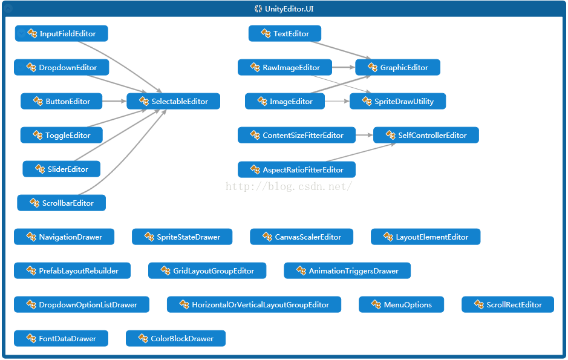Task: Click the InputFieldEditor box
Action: click(61, 34)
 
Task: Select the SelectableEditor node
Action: click(173, 102)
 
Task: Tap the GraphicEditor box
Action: click(397, 68)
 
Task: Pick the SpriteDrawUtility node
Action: click(397, 102)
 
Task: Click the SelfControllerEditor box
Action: click(426, 136)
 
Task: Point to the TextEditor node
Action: click(284, 34)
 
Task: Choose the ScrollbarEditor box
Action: click(61, 203)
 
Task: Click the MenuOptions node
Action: click(401, 305)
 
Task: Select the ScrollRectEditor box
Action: click(508, 305)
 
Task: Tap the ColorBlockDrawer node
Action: click(175, 339)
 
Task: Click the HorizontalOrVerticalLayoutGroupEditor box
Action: click(254, 305)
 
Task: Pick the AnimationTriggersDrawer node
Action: click(347, 271)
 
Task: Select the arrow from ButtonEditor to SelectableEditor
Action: click(114, 102)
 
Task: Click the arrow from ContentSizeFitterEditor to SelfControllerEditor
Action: click(364, 136)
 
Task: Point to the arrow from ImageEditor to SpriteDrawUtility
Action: click(337, 102)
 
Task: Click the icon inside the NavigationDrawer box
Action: click(31, 237)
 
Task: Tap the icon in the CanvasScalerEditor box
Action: click(267, 237)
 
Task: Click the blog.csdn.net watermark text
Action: click(289, 186)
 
